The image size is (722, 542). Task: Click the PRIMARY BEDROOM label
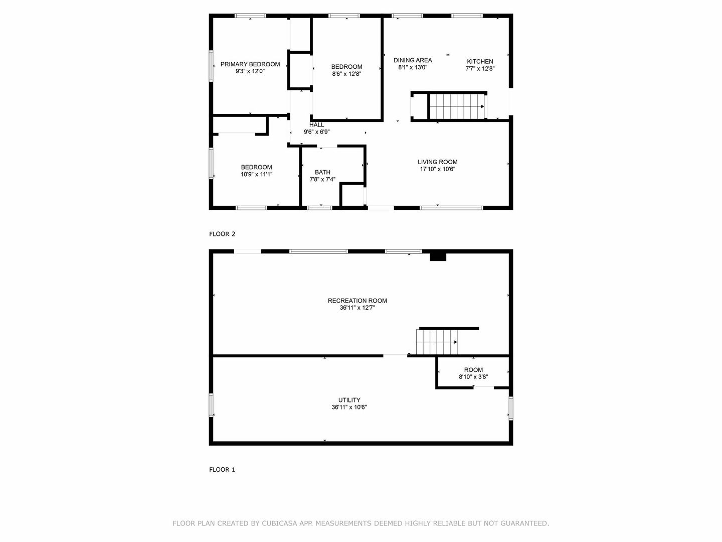coord(250,64)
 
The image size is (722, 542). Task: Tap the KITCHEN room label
coord(480,62)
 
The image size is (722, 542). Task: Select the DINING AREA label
coord(413,60)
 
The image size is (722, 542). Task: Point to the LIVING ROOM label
coord(438,162)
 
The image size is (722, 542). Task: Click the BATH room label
coord(322,172)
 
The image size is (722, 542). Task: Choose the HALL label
coord(316,125)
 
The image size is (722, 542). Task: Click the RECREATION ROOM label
coord(357,301)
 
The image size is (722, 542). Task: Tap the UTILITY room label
coord(349,400)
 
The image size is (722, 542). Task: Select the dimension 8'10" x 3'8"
coord(473,377)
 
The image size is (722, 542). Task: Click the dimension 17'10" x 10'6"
coord(438,169)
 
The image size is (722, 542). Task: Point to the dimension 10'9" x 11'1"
coord(257,175)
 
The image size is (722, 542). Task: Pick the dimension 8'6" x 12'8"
coord(346,74)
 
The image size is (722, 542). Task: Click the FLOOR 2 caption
coord(222,234)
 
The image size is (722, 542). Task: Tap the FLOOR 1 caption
coord(222,470)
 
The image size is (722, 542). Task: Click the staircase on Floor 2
coord(457,106)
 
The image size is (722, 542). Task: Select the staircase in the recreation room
coord(437,342)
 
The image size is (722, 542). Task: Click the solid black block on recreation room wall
coord(438,256)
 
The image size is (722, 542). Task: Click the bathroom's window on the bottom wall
coord(319,208)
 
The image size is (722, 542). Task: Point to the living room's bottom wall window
coord(452,208)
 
